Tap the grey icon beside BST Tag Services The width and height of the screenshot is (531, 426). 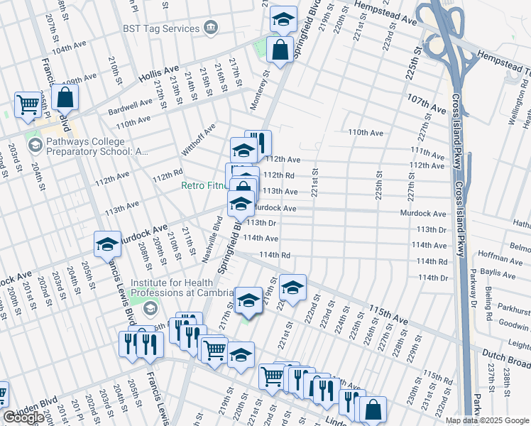click(211, 28)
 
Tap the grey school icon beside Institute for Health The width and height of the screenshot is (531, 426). click(150, 309)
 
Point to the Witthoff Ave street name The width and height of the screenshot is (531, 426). click(198, 141)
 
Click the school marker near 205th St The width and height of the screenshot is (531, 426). click(107, 244)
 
